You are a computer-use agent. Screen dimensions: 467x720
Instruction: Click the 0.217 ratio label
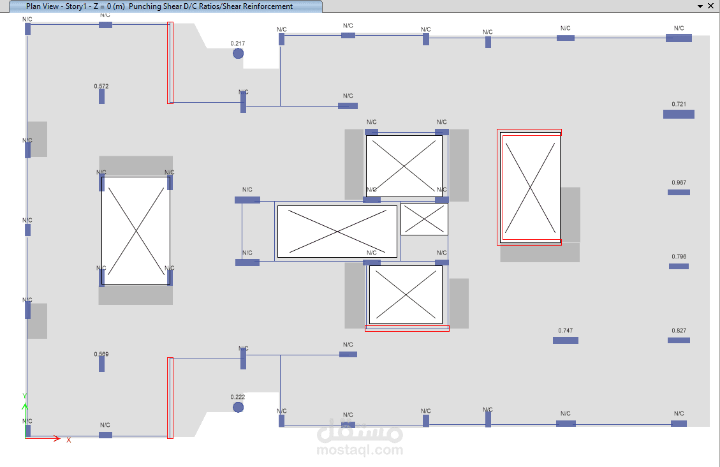pos(238,43)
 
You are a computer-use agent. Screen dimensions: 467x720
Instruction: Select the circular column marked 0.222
pos(238,407)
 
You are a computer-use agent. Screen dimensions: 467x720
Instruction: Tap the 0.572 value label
pos(101,86)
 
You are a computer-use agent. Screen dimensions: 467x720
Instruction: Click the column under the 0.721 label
pos(679,114)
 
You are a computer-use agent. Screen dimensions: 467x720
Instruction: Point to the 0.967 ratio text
pos(679,182)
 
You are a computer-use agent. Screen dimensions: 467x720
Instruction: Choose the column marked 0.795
pos(679,266)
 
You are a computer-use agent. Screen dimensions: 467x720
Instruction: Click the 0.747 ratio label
pos(565,330)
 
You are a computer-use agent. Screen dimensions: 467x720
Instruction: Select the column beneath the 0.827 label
pos(679,340)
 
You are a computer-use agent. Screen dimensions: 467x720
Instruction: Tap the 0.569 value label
pos(101,354)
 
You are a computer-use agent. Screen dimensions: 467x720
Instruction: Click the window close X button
pos(710,6)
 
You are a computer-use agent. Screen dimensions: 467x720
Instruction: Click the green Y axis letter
pos(25,396)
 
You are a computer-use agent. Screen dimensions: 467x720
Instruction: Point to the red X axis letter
pos(69,440)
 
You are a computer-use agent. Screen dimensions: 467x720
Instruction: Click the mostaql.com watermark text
pos(360,450)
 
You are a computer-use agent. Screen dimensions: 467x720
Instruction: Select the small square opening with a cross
pos(424,219)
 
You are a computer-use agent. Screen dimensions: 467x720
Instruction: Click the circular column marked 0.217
pos(238,54)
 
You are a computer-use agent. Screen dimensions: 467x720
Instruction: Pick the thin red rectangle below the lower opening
pos(407,329)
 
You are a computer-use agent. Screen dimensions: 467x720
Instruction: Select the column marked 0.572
pos(101,96)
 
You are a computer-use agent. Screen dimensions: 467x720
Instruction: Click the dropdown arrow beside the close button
pos(699,6)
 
